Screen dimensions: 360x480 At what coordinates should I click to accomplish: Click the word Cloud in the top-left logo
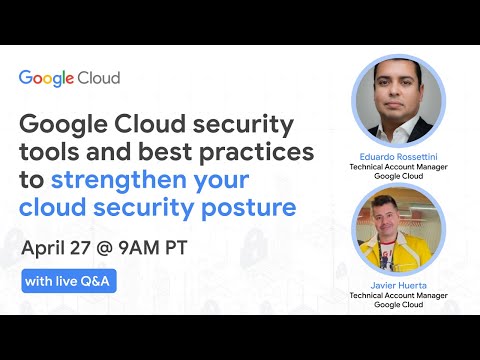coord(101,78)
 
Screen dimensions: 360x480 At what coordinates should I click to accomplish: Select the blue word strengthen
coord(153,181)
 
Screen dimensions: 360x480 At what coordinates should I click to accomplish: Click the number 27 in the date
coord(99,246)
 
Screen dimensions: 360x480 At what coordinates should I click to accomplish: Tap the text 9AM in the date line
coord(169,246)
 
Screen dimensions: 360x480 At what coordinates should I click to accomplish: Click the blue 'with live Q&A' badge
coord(69,281)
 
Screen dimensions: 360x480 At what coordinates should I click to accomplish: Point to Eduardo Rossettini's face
coord(398,95)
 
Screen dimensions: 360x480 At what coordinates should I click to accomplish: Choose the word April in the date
coord(51,246)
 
